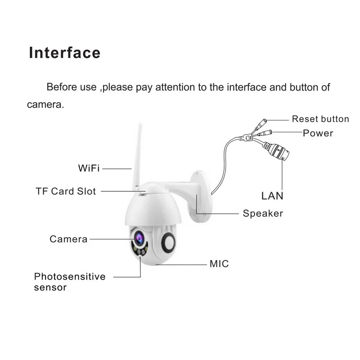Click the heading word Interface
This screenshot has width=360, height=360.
coord(64,53)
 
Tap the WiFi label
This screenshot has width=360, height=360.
coord(88,169)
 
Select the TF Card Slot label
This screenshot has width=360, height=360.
coord(66,191)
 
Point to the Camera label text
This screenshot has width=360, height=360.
coord(68,239)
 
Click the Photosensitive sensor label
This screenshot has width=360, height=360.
coord(70,281)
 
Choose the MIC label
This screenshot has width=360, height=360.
coord(219,264)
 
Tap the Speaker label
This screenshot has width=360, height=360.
coord(263,213)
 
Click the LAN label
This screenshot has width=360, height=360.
coord(273,196)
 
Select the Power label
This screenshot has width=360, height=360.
coord(318,133)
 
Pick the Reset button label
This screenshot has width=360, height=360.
coord(320,119)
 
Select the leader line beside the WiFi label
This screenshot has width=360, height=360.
coord(117,169)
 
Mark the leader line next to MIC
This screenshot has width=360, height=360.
coord(180,264)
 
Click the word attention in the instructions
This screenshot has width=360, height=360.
coord(178,87)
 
